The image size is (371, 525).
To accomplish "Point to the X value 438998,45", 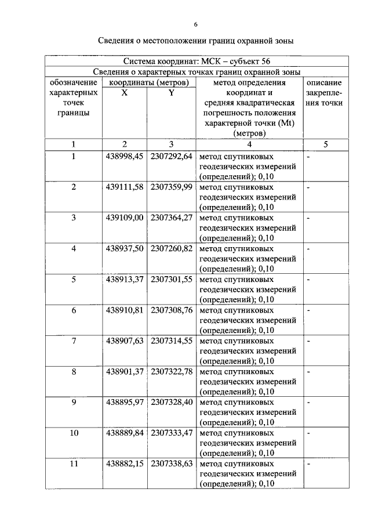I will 125,157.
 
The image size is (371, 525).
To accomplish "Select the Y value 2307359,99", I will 171,187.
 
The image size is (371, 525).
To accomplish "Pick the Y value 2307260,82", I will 171,248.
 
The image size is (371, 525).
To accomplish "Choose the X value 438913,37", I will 125,279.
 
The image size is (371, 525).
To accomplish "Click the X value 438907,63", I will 125,341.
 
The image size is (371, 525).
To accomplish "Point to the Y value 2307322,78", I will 171,371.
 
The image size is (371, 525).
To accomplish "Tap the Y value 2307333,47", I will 171,433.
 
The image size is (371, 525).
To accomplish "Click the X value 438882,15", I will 125,464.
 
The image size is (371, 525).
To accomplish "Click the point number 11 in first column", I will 74,464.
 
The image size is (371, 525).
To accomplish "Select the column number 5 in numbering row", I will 325,144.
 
